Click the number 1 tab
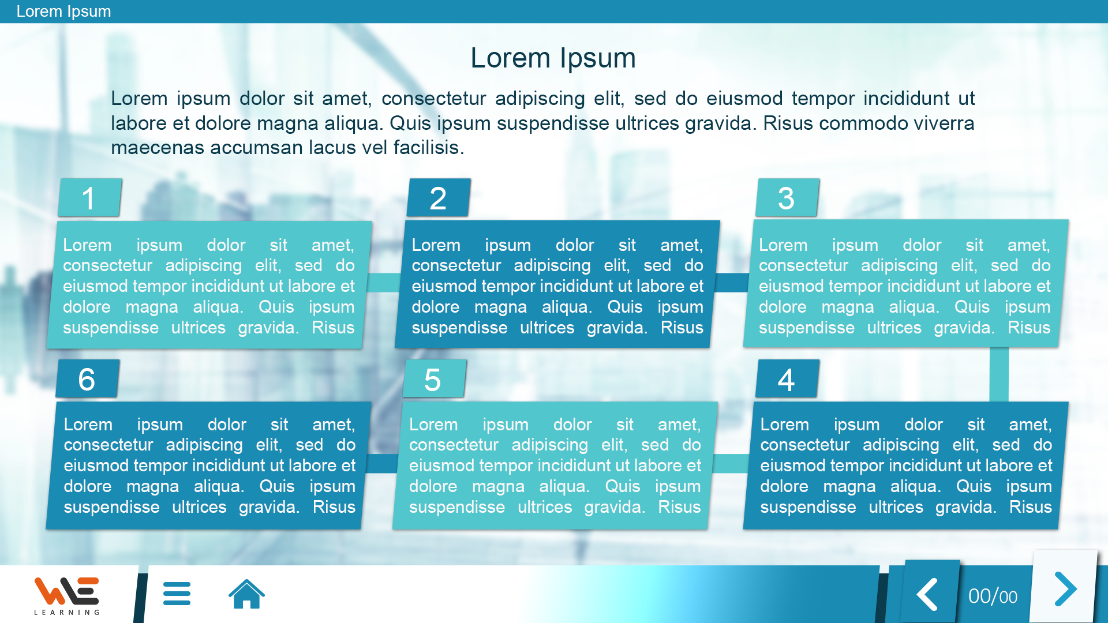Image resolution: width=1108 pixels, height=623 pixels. coord(90,198)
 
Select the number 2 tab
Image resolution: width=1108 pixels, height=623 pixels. coord(439,198)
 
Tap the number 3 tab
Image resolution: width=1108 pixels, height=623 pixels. coord(787,198)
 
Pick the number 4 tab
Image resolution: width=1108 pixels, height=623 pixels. coord(787,379)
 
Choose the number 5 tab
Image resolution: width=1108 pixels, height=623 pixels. coord(435,379)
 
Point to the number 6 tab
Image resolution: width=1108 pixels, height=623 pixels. coord(88,379)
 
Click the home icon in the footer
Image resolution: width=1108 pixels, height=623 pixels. coord(246,594)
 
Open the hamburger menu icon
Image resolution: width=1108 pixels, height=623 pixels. coord(177,594)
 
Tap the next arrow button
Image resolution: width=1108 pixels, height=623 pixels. coord(1065,589)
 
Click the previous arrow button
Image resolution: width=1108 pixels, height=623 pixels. coord(928,594)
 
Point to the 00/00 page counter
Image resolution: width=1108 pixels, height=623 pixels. coord(993,596)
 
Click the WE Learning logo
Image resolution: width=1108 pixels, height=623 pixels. coord(67,596)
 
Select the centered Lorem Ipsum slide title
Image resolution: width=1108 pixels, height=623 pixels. coord(553,58)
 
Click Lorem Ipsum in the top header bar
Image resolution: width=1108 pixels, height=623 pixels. coord(63,12)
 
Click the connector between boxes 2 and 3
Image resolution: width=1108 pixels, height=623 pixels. coord(732,283)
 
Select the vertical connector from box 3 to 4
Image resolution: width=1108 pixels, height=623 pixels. coord(999,374)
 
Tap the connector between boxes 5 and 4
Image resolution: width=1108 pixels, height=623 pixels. coord(731,463)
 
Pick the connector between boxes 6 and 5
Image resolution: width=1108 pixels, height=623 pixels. coord(381,463)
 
